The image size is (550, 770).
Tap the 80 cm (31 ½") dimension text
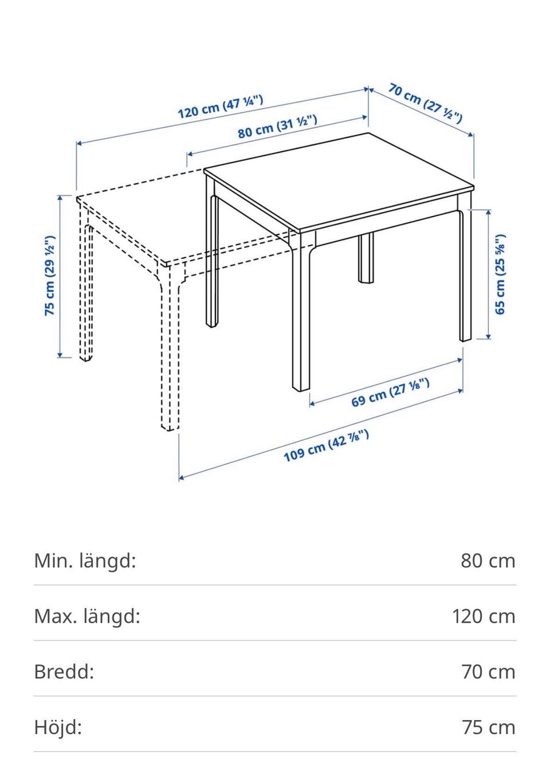coord(277,126)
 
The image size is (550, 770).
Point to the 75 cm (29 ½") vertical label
coord(50,276)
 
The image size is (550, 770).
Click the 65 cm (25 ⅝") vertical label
coord(500,274)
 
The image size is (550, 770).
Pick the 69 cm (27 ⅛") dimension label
coord(390,392)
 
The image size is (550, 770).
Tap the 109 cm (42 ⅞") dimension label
coord(326,446)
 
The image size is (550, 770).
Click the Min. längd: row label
coord(85,561)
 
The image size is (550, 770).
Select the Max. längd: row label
coord(87,616)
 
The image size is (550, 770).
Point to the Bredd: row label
coord(64,672)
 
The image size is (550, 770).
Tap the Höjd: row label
coord(58,728)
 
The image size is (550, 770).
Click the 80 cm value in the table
coord(488,561)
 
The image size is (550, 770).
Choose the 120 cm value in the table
coord(484,616)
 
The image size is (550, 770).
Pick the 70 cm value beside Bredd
coord(488,673)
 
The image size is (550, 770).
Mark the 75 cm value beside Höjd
coord(488,728)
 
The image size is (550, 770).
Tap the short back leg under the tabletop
coord(366,258)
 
